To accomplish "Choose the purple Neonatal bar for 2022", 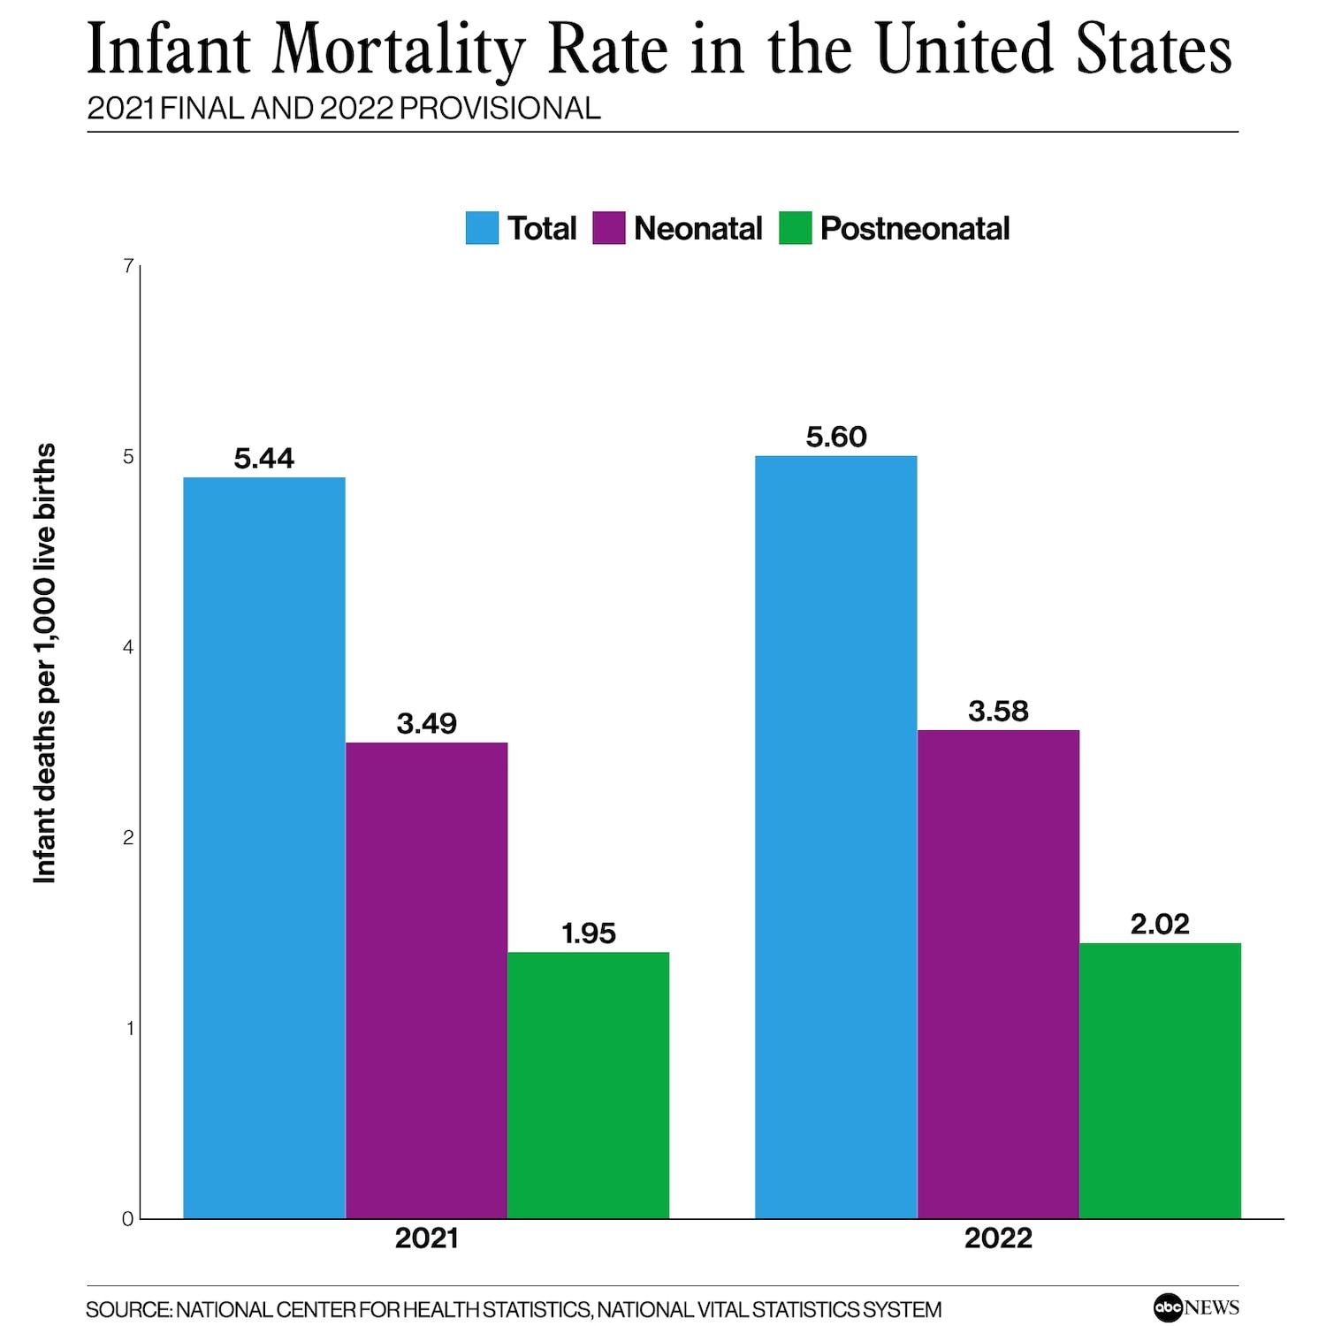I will pos(998,973).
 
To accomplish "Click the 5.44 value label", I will pos(263,458).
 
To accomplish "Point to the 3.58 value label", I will pos(998,711).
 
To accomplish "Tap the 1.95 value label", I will pos(588,933).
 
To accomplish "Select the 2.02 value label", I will pos(1160,924).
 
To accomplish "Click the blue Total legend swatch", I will pos(482,228).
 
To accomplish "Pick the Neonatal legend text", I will pos(697,228).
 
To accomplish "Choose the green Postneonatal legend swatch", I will pos(795,228).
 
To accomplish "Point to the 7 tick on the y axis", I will pos(128,266).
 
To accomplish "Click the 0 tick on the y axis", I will pos(128,1219).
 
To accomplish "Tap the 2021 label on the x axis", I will pos(426,1238).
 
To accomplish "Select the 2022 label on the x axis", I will pos(998,1238).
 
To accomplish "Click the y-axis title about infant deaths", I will pos(44,663).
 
